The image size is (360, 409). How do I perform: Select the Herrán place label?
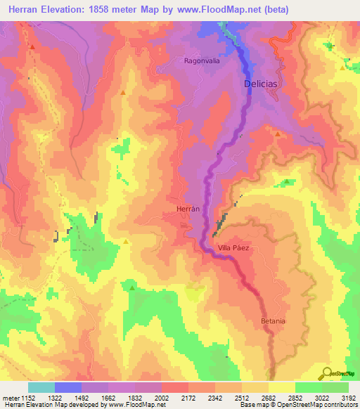click(186, 209)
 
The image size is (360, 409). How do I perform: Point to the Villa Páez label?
click(234, 248)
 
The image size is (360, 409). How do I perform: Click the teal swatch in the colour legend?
click(41, 387)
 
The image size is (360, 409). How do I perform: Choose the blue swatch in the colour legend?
click(68, 387)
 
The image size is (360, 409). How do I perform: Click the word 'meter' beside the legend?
click(11, 397)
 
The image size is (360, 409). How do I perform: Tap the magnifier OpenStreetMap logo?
click(327, 372)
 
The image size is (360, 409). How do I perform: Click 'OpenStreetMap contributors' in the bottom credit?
click(316, 405)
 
